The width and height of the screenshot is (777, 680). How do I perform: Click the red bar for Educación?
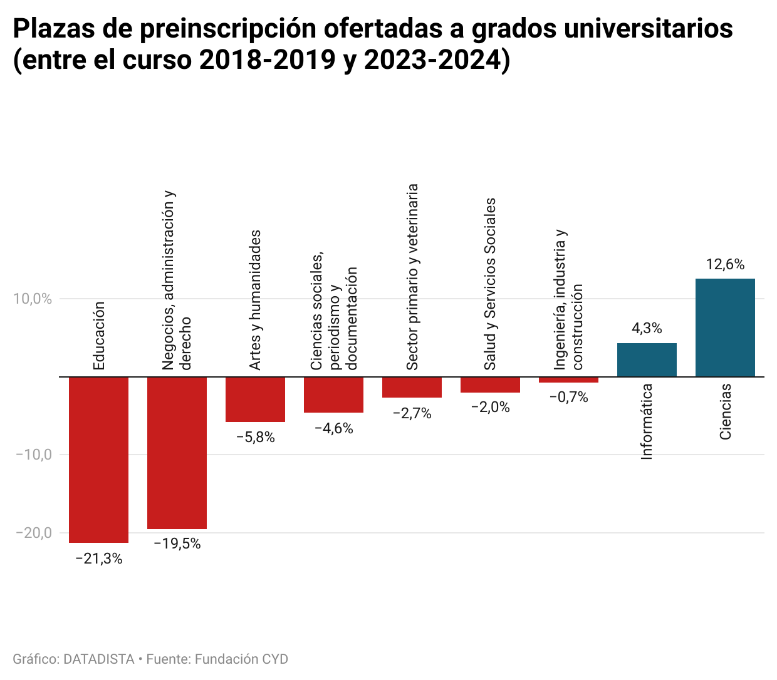(x=98, y=460)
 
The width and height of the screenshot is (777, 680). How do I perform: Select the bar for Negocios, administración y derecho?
(x=177, y=453)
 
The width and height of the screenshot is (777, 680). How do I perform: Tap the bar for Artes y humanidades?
(x=255, y=399)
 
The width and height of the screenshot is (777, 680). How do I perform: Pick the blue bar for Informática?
(x=647, y=360)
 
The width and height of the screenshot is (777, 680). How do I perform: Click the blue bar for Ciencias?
(x=725, y=327)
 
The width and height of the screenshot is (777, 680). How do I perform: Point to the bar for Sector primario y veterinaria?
(x=412, y=388)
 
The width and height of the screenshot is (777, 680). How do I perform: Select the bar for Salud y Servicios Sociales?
(x=490, y=385)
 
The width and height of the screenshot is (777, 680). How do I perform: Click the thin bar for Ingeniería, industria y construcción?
(x=568, y=380)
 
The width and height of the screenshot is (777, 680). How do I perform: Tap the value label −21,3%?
(x=98, y=559)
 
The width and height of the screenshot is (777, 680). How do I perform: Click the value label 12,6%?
(x=725, y=265)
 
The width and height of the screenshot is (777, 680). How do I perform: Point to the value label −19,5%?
(x=177, y=544)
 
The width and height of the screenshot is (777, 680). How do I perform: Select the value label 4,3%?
(x=647, y=329)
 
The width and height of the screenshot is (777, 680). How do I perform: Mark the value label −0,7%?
(x=568, y=398)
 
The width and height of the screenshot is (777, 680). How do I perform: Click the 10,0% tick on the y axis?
(x=33, y=299)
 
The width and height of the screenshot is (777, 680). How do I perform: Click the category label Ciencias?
(x=725, y=411)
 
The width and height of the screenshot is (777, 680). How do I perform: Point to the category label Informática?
(x=647, y=421)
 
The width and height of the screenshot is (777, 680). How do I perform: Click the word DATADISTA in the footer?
(x=99, y=659)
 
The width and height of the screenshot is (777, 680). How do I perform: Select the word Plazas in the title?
(x=53, y=29)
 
